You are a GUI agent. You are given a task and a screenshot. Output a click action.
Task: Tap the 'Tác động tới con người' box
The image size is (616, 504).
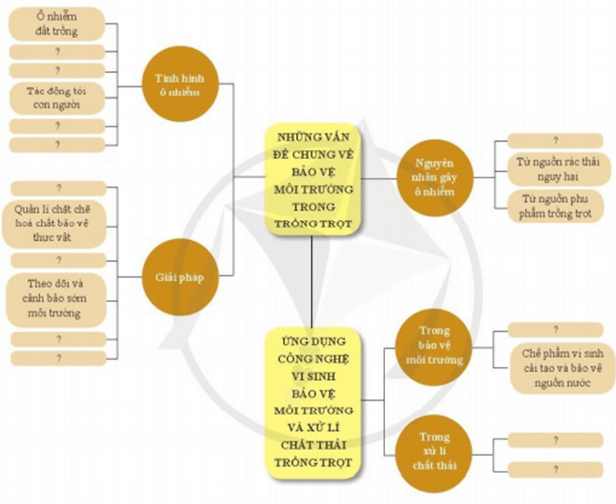(57, 98)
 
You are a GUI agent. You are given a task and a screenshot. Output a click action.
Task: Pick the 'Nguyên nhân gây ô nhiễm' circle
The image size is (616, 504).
(433, 178)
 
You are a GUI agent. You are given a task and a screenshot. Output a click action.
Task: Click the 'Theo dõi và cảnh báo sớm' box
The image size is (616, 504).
(57, 299)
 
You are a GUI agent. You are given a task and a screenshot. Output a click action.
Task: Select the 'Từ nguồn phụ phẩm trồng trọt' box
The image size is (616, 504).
(555, 205)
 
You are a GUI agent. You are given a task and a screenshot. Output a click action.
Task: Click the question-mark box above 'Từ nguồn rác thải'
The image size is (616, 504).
(555, 140)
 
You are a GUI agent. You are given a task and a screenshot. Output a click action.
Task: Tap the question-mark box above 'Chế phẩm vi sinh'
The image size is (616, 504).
(555, 330)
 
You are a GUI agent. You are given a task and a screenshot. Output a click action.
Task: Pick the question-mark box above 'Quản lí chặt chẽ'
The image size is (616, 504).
(57, 188)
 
